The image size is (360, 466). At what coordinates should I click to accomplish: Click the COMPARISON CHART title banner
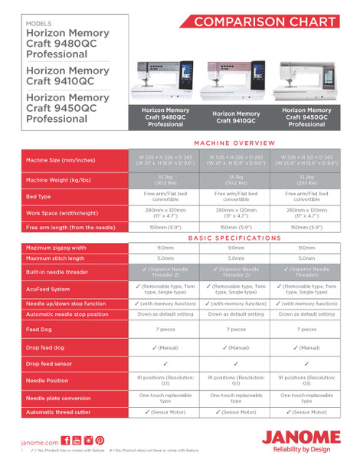[x=264, y=21]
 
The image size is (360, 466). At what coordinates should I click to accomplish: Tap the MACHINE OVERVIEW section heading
[x=235, y=143]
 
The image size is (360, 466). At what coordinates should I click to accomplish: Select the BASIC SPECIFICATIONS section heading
[x=235, y=238]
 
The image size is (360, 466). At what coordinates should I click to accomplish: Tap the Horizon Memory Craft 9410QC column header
[x=236, y=117]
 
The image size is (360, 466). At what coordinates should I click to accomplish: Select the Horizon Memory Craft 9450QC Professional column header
[x=306, y=117]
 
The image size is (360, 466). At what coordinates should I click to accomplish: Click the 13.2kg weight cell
[x=306, y=179]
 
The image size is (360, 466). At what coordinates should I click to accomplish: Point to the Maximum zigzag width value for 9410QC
[x=236, y=248]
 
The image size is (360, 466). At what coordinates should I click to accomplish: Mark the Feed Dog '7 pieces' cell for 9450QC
[x=306, y=329]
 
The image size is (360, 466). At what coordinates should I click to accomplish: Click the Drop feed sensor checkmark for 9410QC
[x=236, y=364]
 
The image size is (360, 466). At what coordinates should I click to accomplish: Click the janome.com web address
[x=39, y=442]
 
